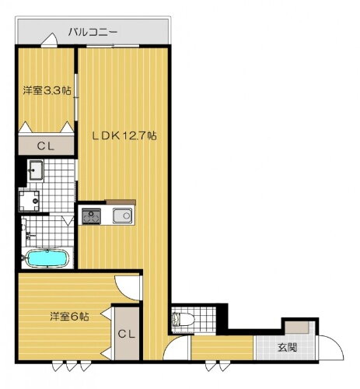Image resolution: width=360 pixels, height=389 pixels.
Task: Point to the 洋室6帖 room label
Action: tap(69, 317)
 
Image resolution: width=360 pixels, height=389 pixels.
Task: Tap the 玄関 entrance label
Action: tap(286, 347)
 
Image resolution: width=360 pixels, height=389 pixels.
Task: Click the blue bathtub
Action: tap(47, 258)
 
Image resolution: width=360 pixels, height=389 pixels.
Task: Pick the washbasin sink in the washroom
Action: tap(35, 169)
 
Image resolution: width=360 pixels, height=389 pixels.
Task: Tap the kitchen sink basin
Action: tap(122, 216)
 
